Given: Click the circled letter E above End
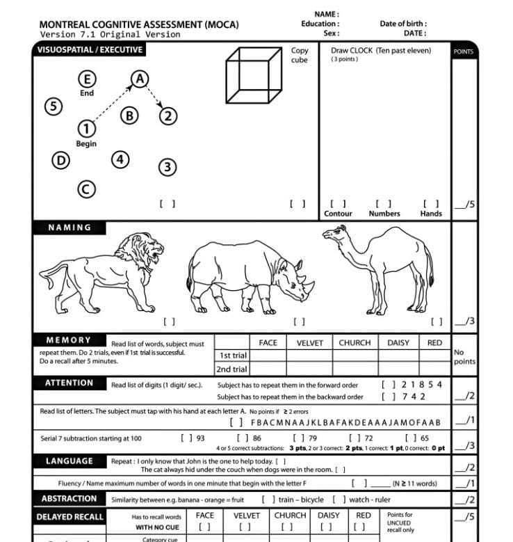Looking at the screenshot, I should click(87, 79).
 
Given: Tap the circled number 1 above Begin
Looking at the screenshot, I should click(86, 129).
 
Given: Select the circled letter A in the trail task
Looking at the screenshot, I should click(140, 79).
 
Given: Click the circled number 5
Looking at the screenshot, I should click(53, 106).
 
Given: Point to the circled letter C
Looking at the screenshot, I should click(86, 189).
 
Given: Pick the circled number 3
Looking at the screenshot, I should click(167, 167).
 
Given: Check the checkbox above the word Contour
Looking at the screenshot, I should click(338, 204).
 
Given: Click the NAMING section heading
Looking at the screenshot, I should click(70, 228).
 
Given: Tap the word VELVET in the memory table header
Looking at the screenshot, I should click(310, 343).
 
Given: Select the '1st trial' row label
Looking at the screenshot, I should click(233, 356).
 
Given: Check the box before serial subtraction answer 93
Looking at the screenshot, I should click(186, 438).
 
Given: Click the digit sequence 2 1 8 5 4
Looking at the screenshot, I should click(422, 384).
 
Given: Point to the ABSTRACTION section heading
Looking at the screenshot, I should click(69, 499).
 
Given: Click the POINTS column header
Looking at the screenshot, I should click(463, 51).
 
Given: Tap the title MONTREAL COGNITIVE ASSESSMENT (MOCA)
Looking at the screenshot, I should click(138, 24).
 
